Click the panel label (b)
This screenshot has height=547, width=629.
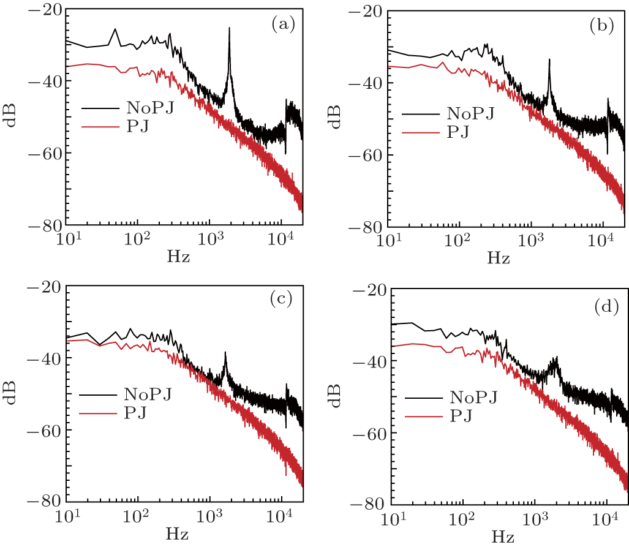click(603, 26)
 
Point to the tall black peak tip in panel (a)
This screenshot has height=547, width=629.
click(230, 28)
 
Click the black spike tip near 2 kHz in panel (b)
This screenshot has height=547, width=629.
click(549, 60)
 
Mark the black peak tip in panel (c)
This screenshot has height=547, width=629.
click(225, 352)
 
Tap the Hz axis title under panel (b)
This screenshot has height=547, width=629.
click(498, 258)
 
